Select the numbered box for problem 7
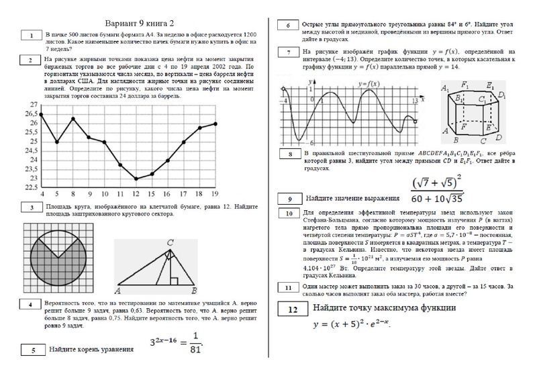pos(288,52)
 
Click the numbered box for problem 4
pos(30,305)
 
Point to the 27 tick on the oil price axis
pos(32,105)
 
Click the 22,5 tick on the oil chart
pos(31,188)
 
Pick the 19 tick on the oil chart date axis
pos(215,194)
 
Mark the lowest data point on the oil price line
pos(136,179)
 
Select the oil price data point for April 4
pos(42,115)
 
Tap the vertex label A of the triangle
pos(118,291)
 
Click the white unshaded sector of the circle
pos(57,240)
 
